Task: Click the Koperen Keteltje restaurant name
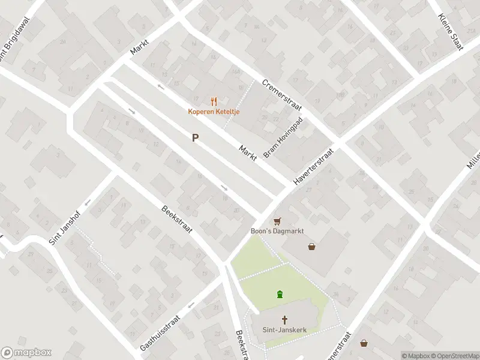coord(213,112)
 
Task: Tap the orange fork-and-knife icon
coord(213,101)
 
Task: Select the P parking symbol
coord(195,138)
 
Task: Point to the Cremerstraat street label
coord(281,95)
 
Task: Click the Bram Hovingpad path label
coord(284,138)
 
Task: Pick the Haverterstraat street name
coord(313,166)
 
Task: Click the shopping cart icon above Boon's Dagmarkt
coord(277,221)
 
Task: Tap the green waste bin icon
coord(280,294)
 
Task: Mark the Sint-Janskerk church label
coord(285,329)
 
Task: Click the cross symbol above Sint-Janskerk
coord(285,319)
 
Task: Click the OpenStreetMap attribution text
coord(454,356)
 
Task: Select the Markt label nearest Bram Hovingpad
coord(248,152)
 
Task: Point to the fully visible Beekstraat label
coord(177,220)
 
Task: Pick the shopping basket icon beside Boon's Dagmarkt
coord(311,246)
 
